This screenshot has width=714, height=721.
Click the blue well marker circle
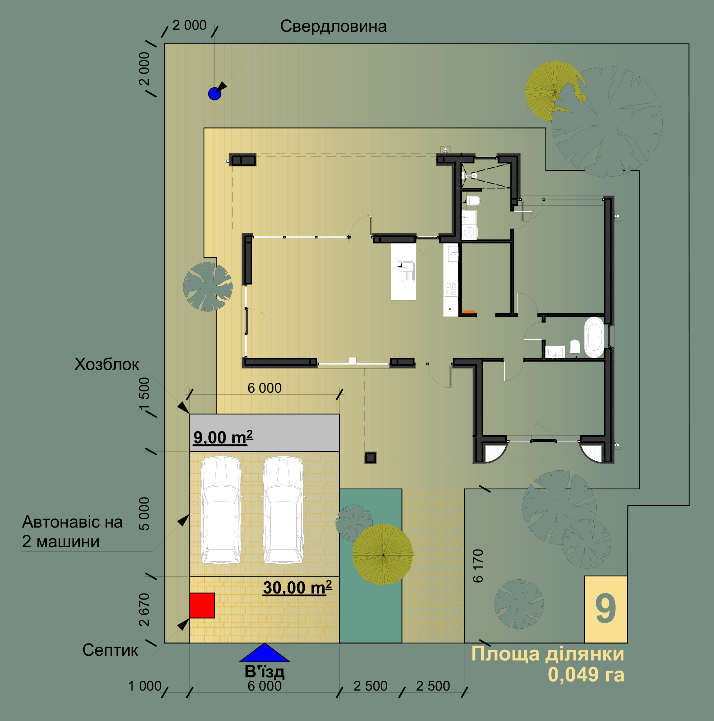point(215,94)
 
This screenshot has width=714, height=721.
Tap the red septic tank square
point(202,605)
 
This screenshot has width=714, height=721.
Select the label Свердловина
point(333,26)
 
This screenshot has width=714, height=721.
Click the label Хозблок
point(107,364)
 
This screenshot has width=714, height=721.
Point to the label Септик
point(110,650)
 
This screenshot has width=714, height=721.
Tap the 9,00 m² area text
point(223,437)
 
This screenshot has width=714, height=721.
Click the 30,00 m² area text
point(297,588)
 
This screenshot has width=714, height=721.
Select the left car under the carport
point(221,510)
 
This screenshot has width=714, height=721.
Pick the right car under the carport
point(283,510)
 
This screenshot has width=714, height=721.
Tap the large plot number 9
point(605,609)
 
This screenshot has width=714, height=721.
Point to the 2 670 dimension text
point(144,610)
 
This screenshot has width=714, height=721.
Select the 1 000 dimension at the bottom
point(145,686)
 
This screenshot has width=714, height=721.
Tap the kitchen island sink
point(407,272)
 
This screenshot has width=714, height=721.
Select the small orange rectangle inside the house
point(468,312)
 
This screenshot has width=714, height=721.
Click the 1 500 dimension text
point(144,394)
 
